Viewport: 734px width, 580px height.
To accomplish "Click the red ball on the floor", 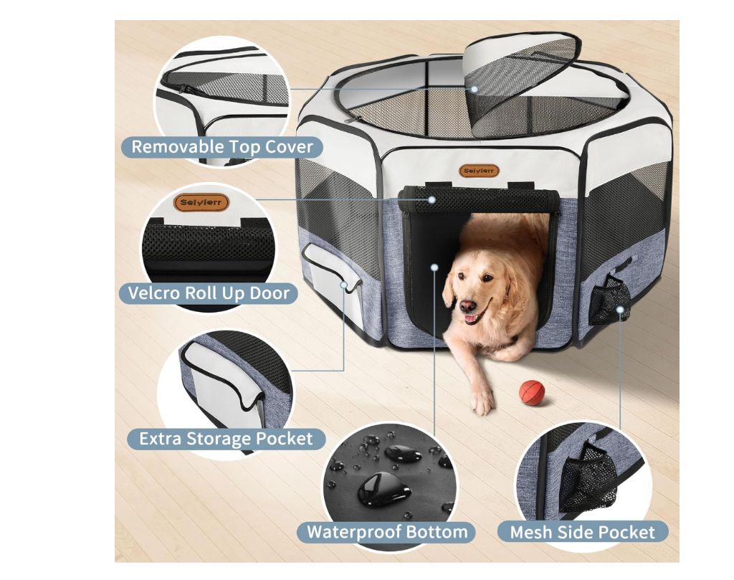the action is pos(533,391).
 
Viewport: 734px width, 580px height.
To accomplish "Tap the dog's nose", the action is pos(467,307).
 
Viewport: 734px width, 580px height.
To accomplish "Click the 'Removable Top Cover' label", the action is pos(222,147).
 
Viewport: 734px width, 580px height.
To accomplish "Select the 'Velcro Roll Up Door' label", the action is pos(209,293).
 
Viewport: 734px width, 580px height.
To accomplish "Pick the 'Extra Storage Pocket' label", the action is pos(226,439).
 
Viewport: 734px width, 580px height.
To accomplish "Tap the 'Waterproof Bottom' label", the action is pos(387,532).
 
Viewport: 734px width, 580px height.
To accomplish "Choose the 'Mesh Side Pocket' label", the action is pos(582,532).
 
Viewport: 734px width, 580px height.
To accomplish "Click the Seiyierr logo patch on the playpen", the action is pos(478,171).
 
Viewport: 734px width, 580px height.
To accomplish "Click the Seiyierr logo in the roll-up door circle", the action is pos(201,203).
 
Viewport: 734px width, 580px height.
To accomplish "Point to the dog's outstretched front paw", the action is pos(482,401).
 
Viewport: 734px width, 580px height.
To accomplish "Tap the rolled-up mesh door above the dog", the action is pos(478,199).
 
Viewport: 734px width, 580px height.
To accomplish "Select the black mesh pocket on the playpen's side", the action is pos(609,300).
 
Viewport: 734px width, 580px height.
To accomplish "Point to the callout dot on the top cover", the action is pos(475,89).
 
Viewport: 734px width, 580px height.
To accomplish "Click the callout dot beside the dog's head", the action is pos(434,267).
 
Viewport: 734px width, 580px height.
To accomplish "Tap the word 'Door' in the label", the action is pos(270,293).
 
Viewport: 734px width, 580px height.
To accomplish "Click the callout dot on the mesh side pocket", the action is pos(620,310).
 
